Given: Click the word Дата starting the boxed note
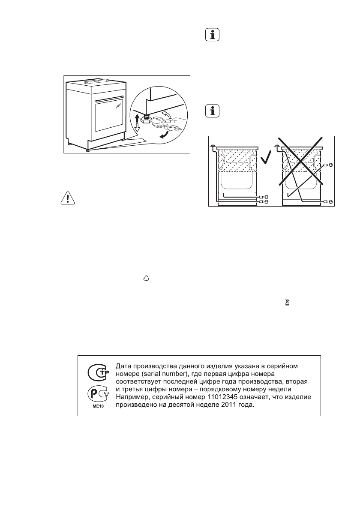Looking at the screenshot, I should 127,366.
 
